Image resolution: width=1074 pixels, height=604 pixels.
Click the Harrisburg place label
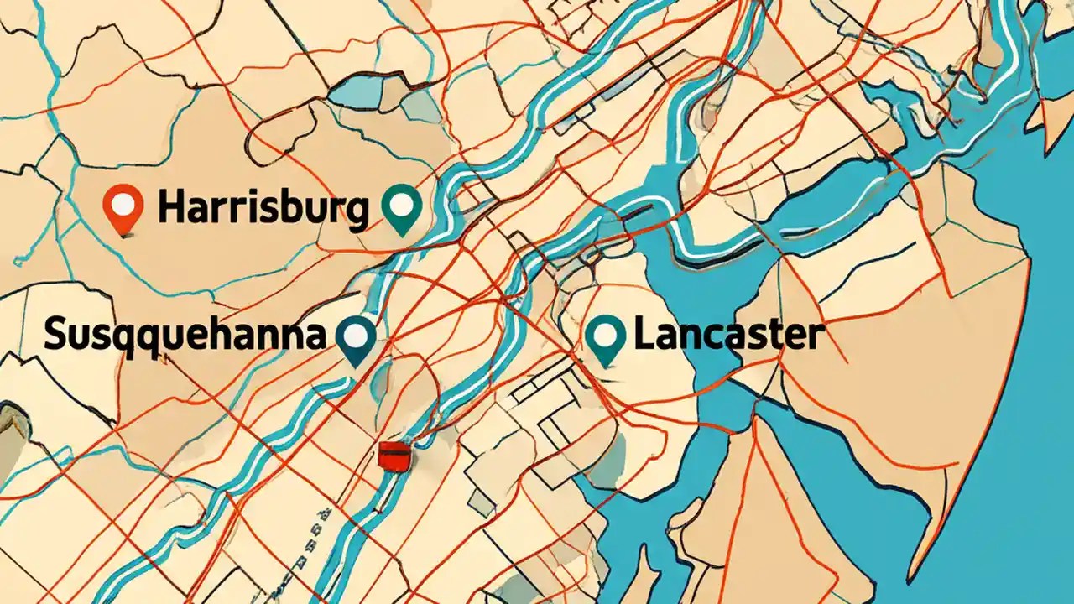[x=262, y=208]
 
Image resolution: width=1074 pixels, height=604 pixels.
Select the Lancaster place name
[x=727, y=336]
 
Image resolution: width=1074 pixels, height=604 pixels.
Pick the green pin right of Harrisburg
[x=401, y=210]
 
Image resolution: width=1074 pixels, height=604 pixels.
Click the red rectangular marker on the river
[x=392, y=456]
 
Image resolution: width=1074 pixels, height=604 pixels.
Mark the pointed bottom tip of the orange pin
[x=124, y=234]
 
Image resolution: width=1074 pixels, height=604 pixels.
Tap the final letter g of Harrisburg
[x=356, y=211]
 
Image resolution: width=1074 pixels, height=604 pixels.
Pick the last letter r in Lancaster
[x=813, y=337]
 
